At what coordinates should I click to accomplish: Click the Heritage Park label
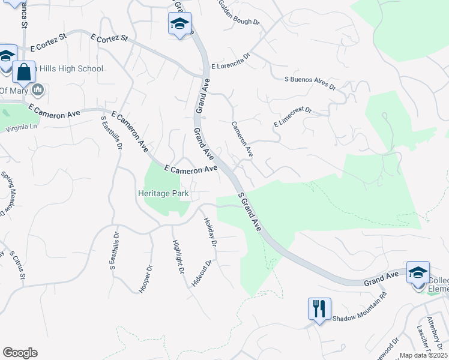pyautogui.click(x=163, y=194)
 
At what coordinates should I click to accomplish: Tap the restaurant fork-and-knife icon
pyautogui.click(x=319, y=309)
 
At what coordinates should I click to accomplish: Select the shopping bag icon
pyautogui.click(x=24, y=72)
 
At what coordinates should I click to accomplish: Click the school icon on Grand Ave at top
pyautogui.click(x=179, y=24)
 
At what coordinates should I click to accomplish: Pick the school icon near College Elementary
pyautogui.click(x=418, y=272)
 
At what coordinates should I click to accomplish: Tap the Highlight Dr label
pyautogui.click(x=178, y=257)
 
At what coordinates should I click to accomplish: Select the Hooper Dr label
pyautogui.click(x=146, y=279)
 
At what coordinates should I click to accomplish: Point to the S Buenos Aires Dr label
pyautogui.click(x=310, y=82)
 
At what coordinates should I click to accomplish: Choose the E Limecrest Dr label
pyautogui.click(x=293, y=117)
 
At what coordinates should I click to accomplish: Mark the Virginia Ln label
pyautogui.click(x=21, y=127)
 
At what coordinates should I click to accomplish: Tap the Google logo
pyautogui.click(x=20, y=353)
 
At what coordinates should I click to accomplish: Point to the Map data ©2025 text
pyautogui.click(x=423, y=355)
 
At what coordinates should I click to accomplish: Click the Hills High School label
pyautogui.click(x=70, y=69)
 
